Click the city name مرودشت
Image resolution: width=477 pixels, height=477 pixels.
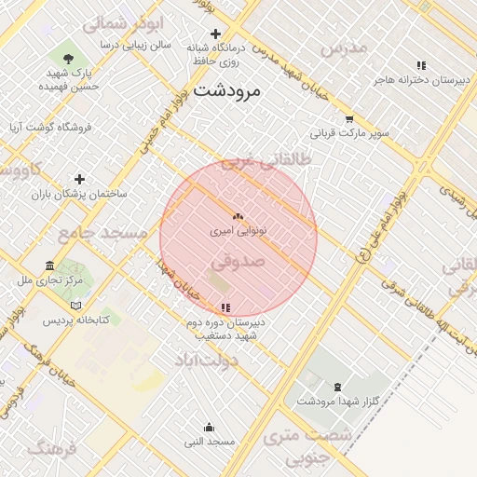229,91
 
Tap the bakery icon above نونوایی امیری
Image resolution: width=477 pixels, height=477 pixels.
238,215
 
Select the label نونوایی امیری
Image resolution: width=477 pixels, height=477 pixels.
238,228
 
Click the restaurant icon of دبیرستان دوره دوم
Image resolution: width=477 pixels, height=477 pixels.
225,308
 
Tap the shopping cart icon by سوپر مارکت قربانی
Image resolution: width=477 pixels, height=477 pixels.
349,119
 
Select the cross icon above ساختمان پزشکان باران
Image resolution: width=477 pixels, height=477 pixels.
79,179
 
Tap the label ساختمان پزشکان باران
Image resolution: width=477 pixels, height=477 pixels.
79,194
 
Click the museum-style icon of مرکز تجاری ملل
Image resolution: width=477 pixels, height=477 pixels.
49,266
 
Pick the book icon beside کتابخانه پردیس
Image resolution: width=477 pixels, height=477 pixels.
75,306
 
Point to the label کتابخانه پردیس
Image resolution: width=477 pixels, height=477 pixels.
75,320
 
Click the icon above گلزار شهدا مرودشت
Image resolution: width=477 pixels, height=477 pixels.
336,387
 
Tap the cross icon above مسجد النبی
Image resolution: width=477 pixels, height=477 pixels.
211,427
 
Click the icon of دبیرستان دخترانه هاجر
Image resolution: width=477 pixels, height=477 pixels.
421,66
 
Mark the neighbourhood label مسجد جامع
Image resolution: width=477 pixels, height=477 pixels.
102,233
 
